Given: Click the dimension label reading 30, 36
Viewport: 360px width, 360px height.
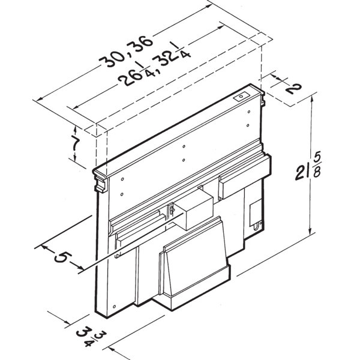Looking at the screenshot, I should (127, 50).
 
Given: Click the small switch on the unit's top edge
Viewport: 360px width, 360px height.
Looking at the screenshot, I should (239, 96).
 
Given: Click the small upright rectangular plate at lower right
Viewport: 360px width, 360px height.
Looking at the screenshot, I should (256, 211).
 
